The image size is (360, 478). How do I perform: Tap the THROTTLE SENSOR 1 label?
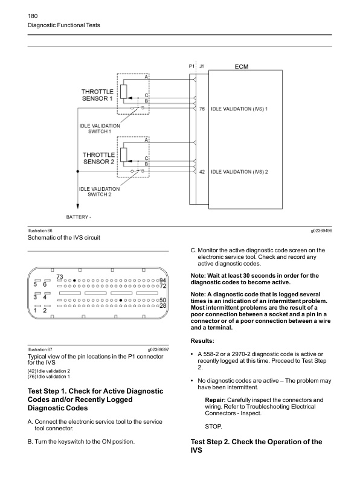(x=97, y=95)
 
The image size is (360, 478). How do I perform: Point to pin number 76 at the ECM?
(x=202, y=109)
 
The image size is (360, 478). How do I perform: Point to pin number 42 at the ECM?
(x=202, y=171)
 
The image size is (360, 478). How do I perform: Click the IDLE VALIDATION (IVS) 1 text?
(x=239, y=109)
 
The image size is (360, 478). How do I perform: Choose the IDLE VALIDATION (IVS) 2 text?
(x=239, y=171)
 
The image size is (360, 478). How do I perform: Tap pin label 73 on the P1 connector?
(x=60, y=277)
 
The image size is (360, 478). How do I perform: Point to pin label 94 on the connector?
(x=162, y=281)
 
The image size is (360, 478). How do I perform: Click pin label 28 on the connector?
(x=162, y=306)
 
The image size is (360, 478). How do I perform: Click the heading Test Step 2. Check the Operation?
(x=256, y=446)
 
